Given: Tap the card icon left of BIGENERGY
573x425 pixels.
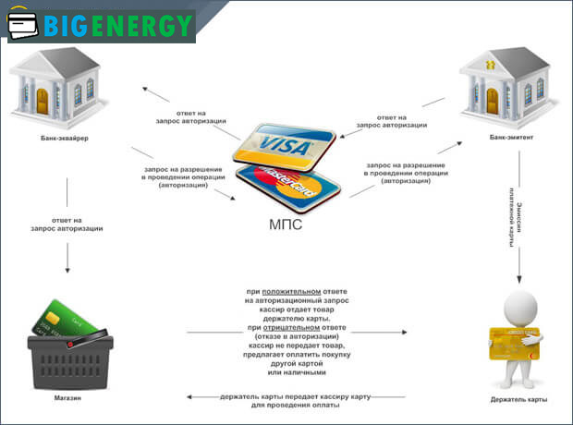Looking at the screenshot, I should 25,27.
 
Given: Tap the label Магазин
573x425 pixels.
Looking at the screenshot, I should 67,399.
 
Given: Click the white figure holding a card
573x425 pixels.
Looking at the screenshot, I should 518,337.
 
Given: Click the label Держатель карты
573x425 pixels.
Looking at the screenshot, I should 518,399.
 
